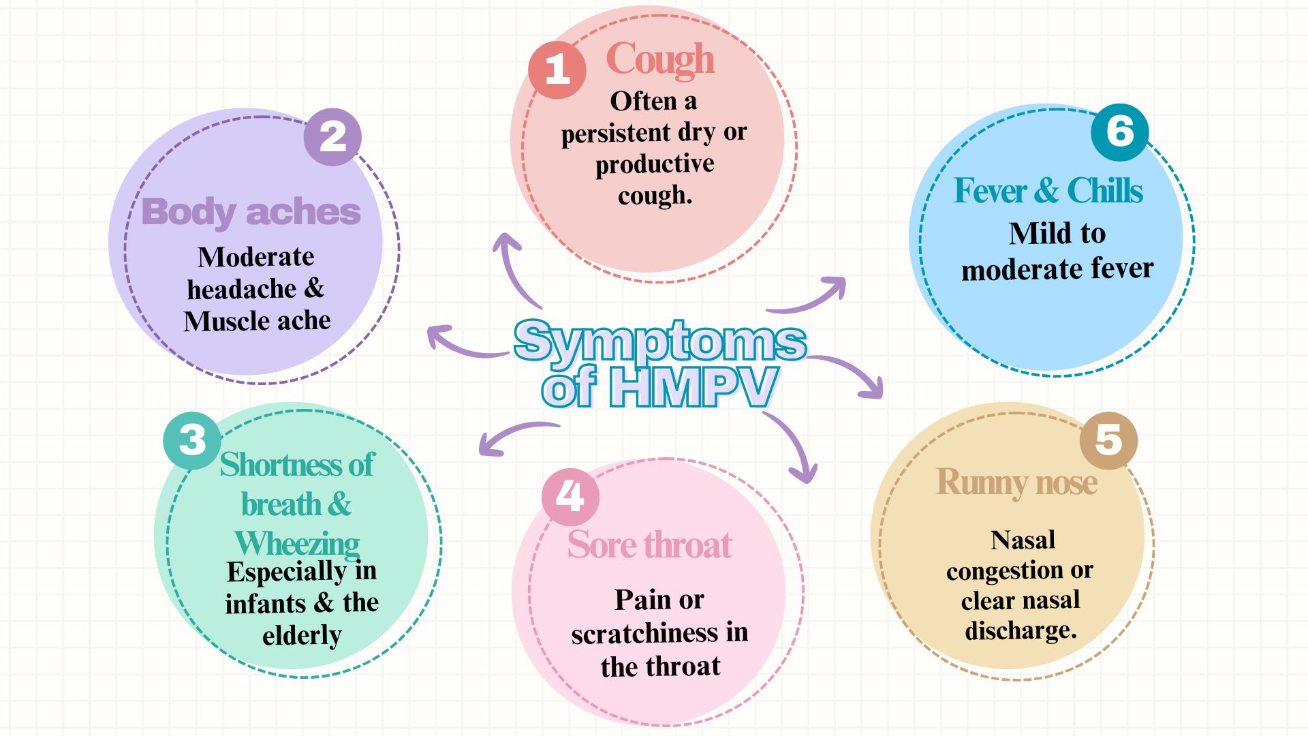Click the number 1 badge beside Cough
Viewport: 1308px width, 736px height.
[557, 70]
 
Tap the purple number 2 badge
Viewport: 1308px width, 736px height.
[332, 137]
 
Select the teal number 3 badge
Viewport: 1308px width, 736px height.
[192, 440]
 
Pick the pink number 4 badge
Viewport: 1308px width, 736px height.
[570, 497]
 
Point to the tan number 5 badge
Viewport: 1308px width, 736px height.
[1108, 440]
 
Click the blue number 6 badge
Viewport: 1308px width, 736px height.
[1120, 132]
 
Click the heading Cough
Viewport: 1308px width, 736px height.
[660, 60]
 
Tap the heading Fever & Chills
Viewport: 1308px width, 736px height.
[1048, 191]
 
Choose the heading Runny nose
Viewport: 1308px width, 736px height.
[1016, 482]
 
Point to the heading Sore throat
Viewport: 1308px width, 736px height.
[649, 545]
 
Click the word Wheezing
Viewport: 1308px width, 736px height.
[297, 544]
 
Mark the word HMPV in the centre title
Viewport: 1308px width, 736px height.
[693, 387]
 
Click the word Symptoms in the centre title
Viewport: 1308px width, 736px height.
[659, 340]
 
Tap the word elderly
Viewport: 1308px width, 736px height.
[302, 635]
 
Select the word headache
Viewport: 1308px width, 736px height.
[242, 289]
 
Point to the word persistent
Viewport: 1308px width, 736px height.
[616, 133]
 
